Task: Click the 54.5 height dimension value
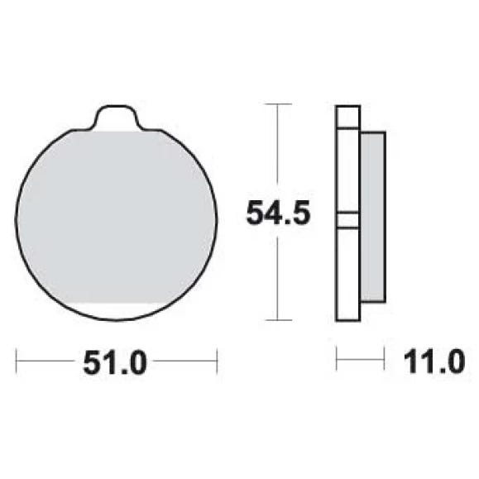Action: [x=278, y=213]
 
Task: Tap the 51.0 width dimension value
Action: [x=115, y=362]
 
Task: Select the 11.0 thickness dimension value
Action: [x=434, y=362]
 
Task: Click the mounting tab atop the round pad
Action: [x=117, y=117]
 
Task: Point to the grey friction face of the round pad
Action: [x=117, y=218]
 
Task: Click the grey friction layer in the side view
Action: [x=373, y=218]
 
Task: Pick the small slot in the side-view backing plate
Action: [x=347, y=220]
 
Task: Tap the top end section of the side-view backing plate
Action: [x=348, y=117]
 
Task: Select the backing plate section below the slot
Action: [x=348, y=274]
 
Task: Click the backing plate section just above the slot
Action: [x=348, y=170]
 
